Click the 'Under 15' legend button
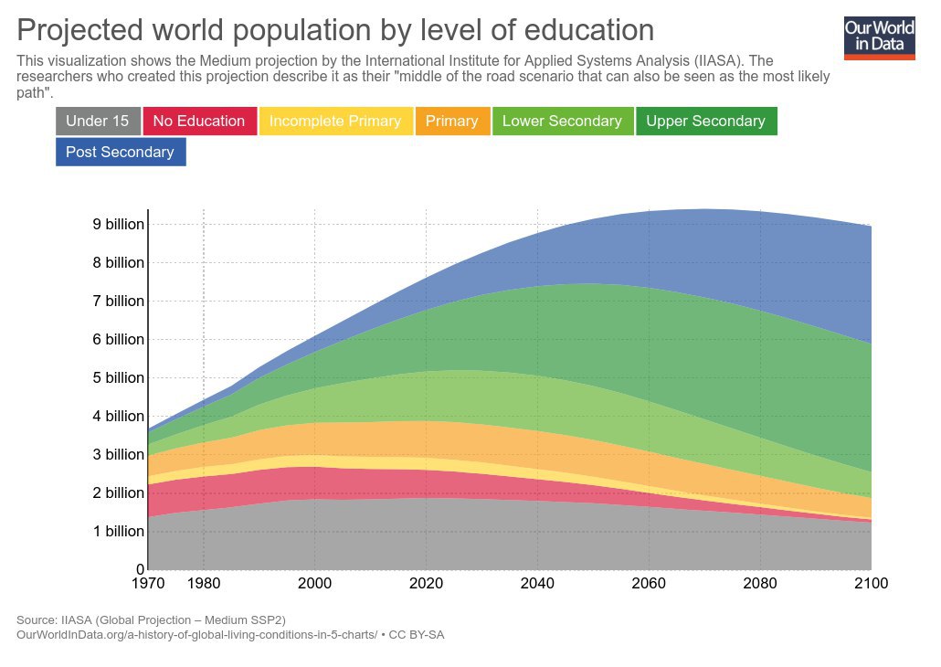click(98, 121)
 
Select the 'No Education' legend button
click(199, 121)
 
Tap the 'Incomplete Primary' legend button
click(335, 121)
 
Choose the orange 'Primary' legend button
click(451, 121)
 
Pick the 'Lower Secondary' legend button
click(562, 121)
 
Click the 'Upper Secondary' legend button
click(705, 121)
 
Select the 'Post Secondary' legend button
click(120, 152)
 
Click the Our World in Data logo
click(879, 37)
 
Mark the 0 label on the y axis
click(138, 569)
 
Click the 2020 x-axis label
click(426, 583)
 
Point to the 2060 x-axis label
click(649, 583)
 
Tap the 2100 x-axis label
click(870, 583)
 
